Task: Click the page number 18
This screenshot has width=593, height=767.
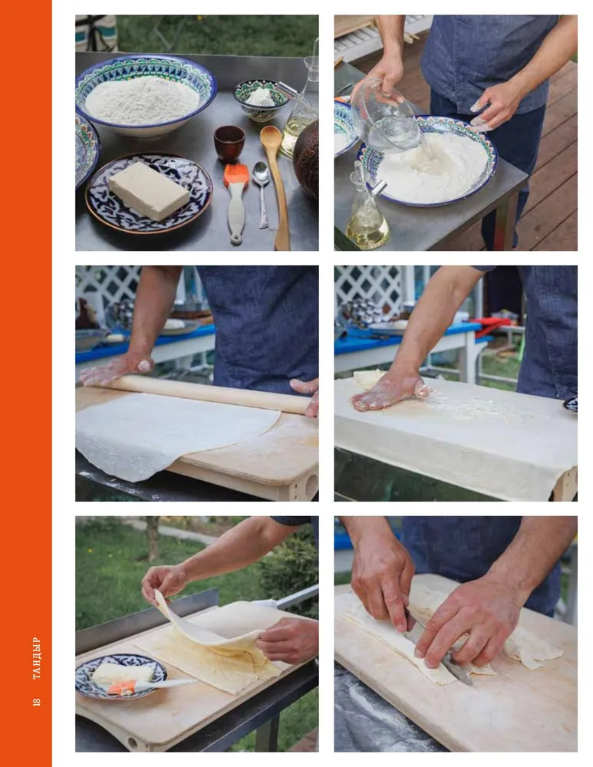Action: (x=36, y=702)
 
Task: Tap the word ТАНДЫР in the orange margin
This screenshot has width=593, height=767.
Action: (x=36, y=658)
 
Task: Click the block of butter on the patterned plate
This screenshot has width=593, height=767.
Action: (x=149, y=191)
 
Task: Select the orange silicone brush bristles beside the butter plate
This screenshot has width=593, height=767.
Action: (x=236, y=175)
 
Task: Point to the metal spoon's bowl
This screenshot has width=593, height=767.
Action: (x=261, y=173)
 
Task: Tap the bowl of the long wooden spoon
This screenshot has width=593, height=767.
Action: (x=271, y=137)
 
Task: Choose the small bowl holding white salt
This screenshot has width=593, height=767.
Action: (x=261, y=100)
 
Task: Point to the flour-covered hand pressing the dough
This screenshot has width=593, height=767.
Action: (x=390, y=391)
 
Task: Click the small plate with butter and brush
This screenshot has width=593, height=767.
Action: (x=121, y=676)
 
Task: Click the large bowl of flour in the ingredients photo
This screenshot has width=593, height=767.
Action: (x=146, y=94)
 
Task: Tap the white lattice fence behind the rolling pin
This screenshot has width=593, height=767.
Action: (x=107, y=288)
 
